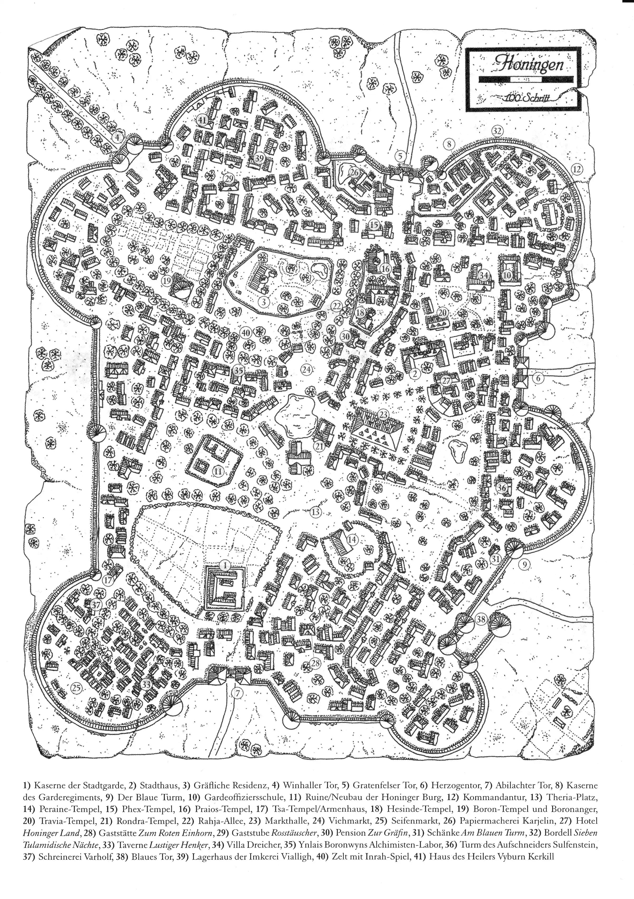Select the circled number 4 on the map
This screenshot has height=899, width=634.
point(117,137)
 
